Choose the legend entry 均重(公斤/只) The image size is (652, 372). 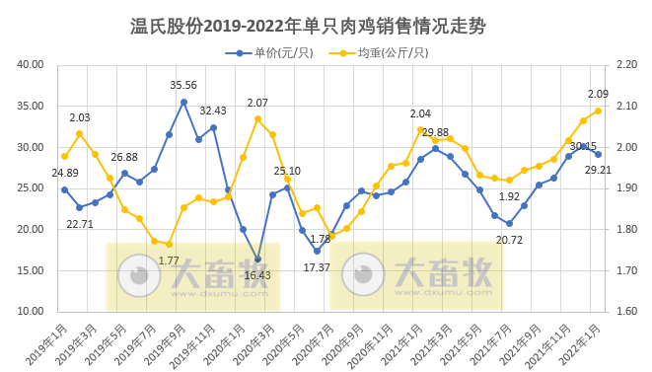pos(387,52)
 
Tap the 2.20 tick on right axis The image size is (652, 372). pos(623,65)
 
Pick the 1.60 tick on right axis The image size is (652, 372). pos(623,311)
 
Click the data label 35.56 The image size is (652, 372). pos(183,86)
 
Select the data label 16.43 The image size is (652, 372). pos(257,275)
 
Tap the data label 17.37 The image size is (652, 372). pos(317,267)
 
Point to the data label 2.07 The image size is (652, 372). pos(257,103)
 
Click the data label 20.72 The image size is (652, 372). pos(509,240)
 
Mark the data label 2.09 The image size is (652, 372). pos(598,94)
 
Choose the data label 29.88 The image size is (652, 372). pos(435,132)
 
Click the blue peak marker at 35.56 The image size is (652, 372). pos(183,102)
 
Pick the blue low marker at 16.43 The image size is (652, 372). pos(257,260)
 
